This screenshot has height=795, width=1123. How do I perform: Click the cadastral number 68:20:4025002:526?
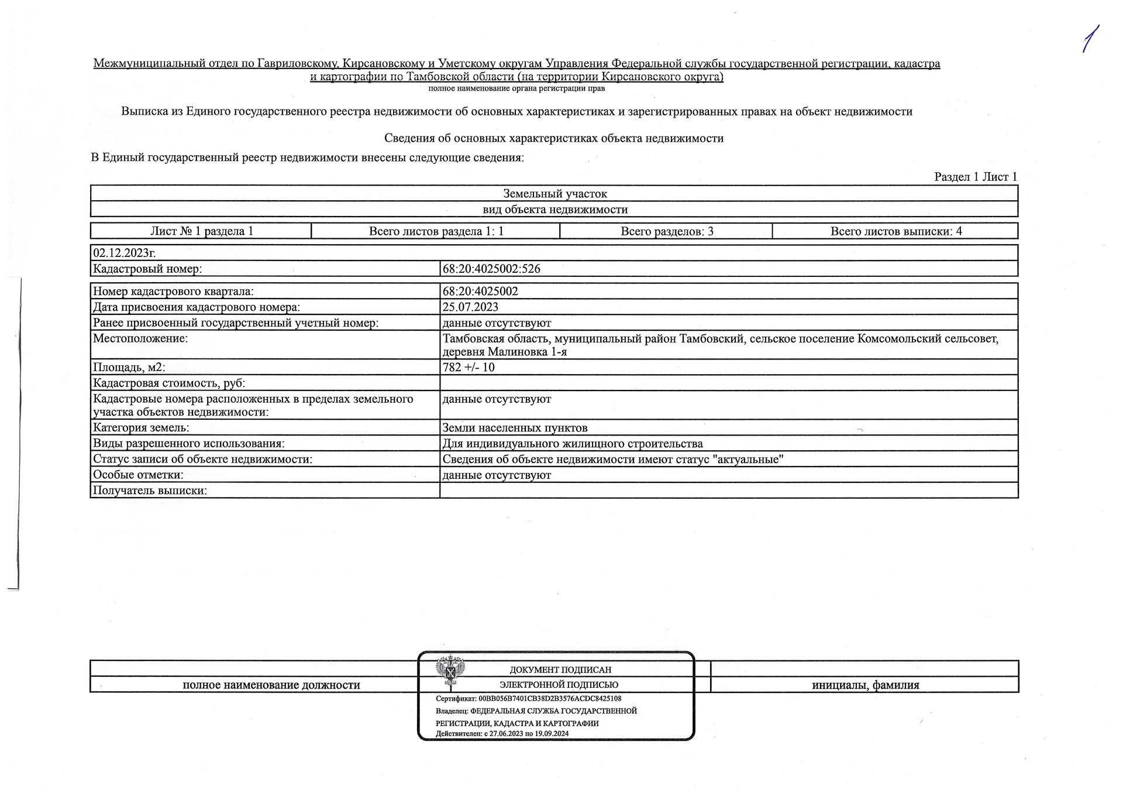pyautogui.click(x=491, y=269)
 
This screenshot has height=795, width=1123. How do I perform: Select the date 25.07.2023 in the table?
pyautogui.click(x=470, y=307)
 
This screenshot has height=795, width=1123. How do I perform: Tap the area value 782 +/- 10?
pyautogui.click(x=469, y=368)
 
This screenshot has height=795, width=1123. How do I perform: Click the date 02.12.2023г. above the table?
pyautogui.click(x=124, y=253)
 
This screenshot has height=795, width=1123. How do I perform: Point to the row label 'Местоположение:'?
pyautogui.click(x=140, y=338)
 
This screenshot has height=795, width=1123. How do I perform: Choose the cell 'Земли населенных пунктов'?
pyautogui.click(x=515, y=428)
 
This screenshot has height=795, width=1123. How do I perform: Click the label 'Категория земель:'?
pyautogui.click(x=141, y=428)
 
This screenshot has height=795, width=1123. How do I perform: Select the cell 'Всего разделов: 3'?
pyautogui.click(x=667, y=231)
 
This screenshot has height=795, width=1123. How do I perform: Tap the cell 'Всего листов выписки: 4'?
pyautogui.click(x=895, y=231)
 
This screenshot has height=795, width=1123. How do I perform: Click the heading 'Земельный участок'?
pyautogui.click(x=554, y=194)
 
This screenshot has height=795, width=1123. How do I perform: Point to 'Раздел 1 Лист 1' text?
pyautogui.click(x=976, y=177)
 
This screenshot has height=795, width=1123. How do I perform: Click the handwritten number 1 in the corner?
pyautogui.click(x=1090, y=40)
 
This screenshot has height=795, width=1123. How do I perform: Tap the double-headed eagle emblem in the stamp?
pyautogui.click(x=450, y=670)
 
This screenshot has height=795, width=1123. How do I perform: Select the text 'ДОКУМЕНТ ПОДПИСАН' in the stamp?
pyautogui.click(x=560, y=670)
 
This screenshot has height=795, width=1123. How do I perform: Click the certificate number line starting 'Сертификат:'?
pyautogui.click(x=528, y=698)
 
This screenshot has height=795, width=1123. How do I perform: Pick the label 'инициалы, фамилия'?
pyautogui.click(x=865, y=685)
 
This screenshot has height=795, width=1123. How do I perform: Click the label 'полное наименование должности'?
pyautogui.click(x=271, y=685)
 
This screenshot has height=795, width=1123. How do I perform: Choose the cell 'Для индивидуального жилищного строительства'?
pyautogui.click(x=573, y=444)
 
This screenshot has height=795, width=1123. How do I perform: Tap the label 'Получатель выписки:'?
pyautogui.click(x=150, y=491)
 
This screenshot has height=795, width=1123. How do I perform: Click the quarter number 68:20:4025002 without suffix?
pyautogui.click(x=480, y=291)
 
